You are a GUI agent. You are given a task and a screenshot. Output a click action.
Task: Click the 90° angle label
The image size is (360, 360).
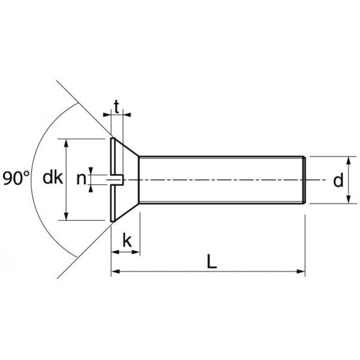tap(16, 178)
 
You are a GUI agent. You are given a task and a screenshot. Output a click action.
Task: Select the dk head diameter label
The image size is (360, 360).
tap(53, 178)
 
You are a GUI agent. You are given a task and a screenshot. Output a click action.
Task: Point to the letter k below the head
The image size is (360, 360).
tap(127, 241)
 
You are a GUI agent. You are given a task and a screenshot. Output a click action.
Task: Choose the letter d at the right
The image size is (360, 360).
tap(338, 180)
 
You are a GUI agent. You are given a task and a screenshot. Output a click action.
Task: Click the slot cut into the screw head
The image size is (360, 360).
tap(117, 179)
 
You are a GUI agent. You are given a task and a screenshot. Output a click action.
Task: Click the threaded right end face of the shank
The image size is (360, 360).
tap(306, 180)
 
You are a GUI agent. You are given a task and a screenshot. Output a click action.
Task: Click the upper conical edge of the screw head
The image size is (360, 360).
tap(127, 148)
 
